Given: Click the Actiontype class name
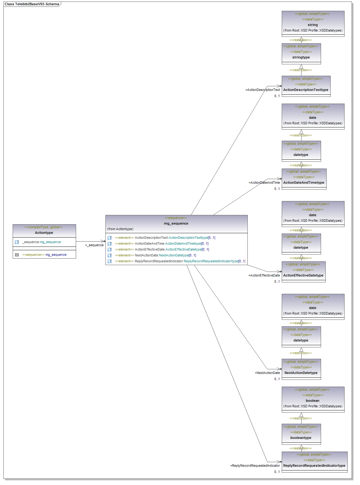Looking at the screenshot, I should (44, 233).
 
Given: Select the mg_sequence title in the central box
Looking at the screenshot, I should (176, 223).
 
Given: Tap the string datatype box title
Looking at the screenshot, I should (313, 25).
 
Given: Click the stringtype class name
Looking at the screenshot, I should (301, 57).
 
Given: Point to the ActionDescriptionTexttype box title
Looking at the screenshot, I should (306, 90).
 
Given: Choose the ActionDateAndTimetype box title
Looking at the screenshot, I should (304, 182).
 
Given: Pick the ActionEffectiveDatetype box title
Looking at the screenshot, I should (303, 275).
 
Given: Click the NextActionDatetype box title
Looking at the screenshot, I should (301, 373).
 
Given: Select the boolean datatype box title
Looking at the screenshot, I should (313, 401).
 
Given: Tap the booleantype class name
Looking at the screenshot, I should (301, 438).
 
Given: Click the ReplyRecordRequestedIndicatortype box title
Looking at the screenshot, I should (314, 466).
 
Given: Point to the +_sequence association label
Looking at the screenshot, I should (94, 245).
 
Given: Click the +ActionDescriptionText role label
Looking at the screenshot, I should (263, 90).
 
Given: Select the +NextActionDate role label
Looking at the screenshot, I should (267, 373).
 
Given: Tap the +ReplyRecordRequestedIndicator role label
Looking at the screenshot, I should (255, 466).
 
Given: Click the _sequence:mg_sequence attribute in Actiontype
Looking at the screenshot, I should (41, 242).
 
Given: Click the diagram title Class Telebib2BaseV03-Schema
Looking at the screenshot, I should (32, 4).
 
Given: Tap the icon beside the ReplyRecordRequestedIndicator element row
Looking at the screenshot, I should (109, 261).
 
